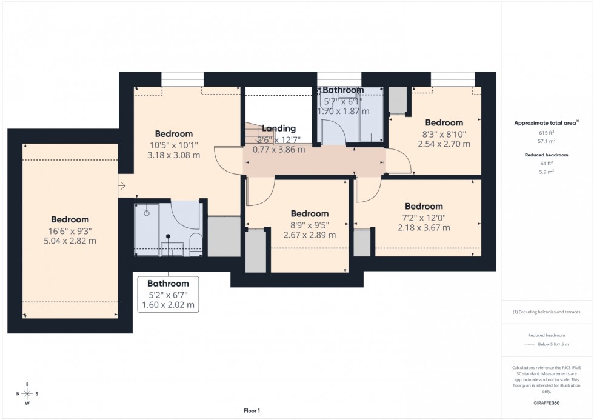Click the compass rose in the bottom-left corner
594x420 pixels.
27,393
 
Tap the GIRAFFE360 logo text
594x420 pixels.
546,402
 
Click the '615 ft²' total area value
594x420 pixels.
546,133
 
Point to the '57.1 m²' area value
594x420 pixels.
546,141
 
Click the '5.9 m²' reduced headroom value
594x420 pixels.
546,172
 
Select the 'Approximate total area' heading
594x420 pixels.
545,122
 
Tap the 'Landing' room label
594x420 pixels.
279,128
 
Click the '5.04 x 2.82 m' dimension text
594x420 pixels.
70,241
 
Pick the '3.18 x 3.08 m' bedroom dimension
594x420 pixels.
173,155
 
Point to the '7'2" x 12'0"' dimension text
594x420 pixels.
424,217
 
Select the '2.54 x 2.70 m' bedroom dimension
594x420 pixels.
444,144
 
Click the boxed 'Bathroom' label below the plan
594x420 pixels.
168,284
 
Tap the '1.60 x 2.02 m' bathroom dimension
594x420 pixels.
168,305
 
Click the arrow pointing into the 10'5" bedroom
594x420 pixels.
122,186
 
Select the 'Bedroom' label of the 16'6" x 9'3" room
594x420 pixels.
70,219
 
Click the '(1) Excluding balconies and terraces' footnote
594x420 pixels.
546,312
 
